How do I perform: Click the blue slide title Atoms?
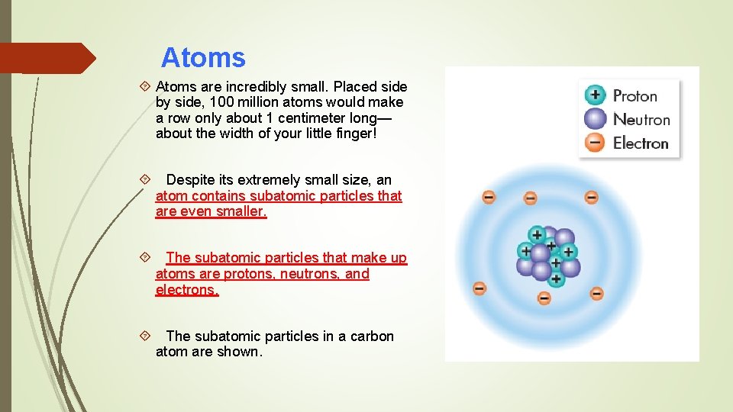[x=203, y=58]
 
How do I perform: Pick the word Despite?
[x=190, y=180]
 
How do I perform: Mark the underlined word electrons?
[x=187, y=290]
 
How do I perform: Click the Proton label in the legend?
[x=635, y=96]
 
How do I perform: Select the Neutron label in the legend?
[x=641, y=119]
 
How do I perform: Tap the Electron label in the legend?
[x=641, y=143]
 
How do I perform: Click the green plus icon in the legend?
[x=595, y=95]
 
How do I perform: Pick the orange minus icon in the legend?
[x=595, y=143]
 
